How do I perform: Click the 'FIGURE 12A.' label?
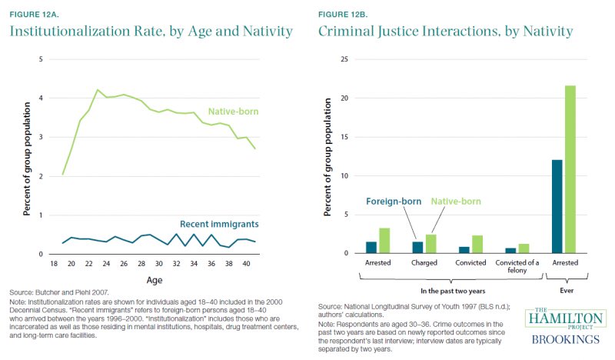tap(34, 12)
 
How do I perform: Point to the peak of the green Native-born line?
tap(98, 90)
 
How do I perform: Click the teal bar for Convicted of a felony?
tap(510, 250)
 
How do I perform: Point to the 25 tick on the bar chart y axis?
tap(346, 59)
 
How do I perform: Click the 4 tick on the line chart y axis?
tap(30, 98)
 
